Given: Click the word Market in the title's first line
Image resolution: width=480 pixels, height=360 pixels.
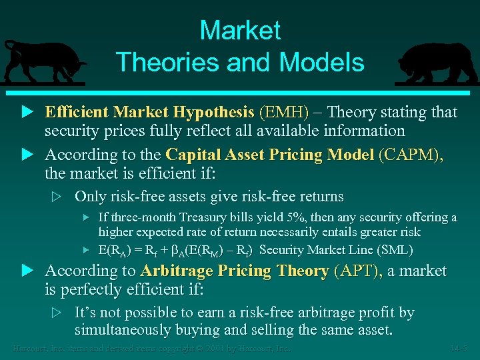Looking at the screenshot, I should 240,31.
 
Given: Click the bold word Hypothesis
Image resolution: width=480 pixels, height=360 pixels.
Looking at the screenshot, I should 213,112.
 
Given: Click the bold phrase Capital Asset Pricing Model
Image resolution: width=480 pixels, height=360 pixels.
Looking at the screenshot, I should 269,155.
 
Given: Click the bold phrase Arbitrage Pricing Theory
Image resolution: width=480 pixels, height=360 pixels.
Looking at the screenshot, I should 235,271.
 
